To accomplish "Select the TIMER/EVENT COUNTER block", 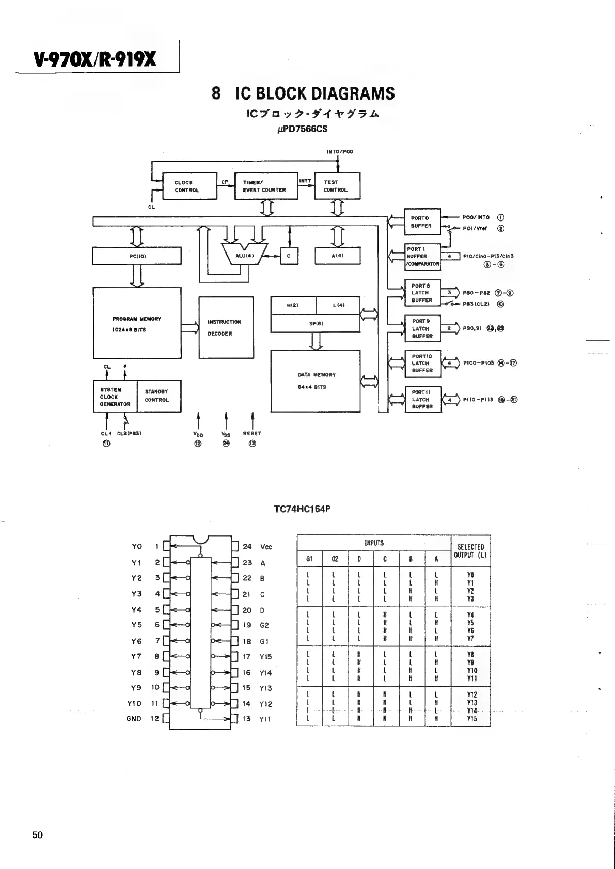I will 266,186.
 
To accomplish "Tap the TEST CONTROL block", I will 337,186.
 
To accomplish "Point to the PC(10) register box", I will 137,256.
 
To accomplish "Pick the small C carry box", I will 289,256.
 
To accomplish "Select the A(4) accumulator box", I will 337,256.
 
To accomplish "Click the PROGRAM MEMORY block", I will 137,324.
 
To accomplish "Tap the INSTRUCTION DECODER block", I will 226,327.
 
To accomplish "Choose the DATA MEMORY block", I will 315,381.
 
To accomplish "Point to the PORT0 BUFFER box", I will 422,222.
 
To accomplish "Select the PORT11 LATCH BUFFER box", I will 422,400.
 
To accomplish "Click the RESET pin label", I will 252,434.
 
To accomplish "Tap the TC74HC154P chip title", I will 302,509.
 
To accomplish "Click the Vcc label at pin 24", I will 266,547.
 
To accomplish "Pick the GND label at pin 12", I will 134,719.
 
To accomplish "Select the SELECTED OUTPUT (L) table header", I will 470,551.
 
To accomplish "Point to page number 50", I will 37,835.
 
